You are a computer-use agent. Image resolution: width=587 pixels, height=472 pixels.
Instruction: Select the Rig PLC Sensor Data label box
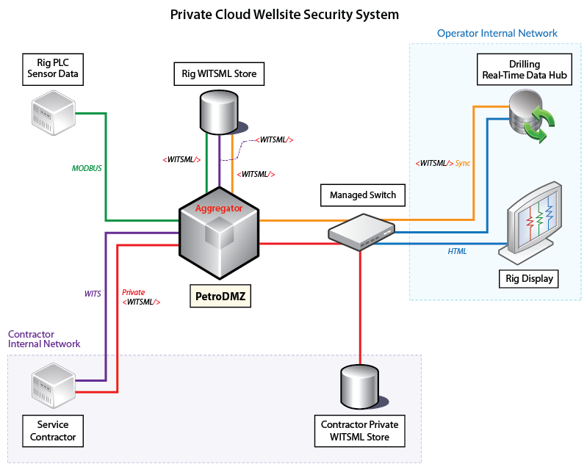point(52,68)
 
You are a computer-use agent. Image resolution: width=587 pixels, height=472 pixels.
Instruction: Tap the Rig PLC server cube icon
point(52,110)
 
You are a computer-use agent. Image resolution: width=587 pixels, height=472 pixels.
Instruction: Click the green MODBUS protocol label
point(87,168)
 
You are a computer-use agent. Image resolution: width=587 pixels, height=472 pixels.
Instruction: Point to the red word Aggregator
point(219,208)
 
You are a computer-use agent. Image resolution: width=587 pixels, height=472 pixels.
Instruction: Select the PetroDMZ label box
point(220,297)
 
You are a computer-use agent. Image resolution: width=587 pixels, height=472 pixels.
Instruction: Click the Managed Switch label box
point(363,195)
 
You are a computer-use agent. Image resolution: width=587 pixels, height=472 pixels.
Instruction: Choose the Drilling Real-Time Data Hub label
point(525,70)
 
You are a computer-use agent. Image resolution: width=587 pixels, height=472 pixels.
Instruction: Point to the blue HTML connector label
point(457,251)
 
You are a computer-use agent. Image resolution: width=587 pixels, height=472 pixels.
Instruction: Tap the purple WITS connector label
point(92,293)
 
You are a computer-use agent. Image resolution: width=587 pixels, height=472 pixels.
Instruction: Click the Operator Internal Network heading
point(497,33)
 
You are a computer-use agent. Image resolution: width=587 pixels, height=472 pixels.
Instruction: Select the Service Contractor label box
point(52,430)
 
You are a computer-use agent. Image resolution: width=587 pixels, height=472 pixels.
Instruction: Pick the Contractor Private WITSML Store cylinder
point(359,388)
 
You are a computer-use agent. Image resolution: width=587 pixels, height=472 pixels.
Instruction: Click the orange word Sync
point(462,163)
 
